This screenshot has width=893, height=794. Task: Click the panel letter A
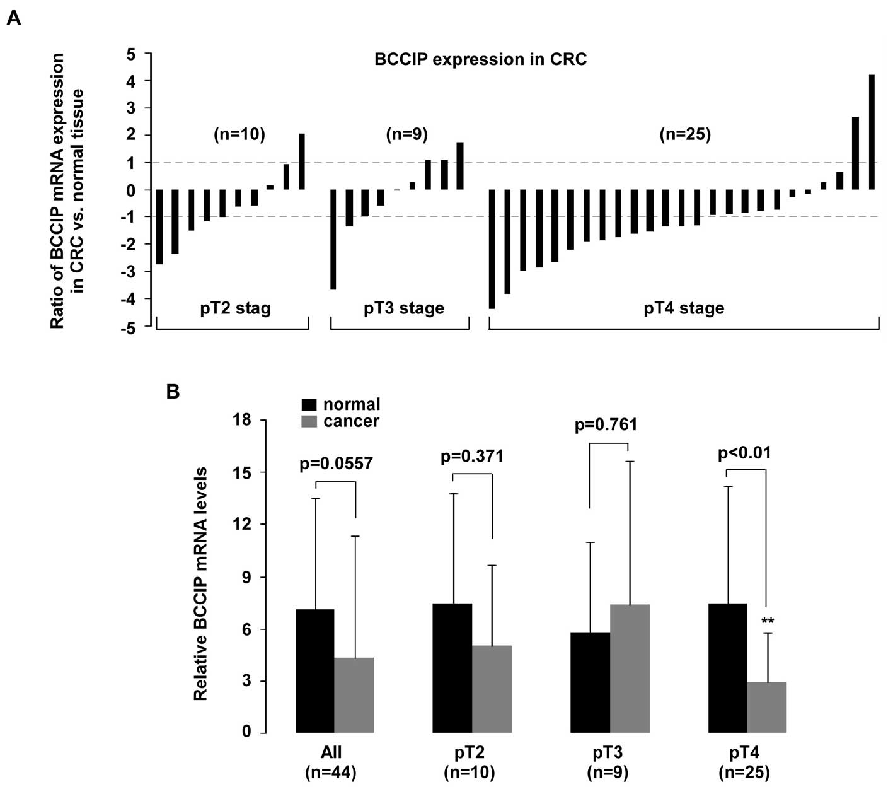(13, 18)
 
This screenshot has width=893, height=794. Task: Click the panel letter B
(173, 391)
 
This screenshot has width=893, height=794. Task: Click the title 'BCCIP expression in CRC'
(480, 59)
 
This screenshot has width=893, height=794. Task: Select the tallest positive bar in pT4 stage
(872, 132)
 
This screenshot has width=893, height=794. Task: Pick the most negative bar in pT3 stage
(333, 240)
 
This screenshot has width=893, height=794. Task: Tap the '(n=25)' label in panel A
(684, 134)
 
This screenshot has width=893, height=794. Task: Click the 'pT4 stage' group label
(684, 308)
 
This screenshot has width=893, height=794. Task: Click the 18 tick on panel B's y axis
(242, 420)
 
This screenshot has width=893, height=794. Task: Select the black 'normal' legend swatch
(309, 404)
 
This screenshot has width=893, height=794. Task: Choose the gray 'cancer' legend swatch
(309, 421)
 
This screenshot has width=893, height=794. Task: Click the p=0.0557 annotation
(336, 464)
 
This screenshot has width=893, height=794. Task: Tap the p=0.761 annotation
(606, 425)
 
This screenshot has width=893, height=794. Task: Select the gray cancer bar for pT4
(767, 707)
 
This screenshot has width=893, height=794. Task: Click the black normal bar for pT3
(590, 682)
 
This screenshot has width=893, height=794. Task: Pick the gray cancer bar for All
(354, 695)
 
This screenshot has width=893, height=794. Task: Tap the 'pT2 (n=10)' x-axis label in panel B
(469, 762)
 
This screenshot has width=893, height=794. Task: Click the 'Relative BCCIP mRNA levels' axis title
(200, 583)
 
